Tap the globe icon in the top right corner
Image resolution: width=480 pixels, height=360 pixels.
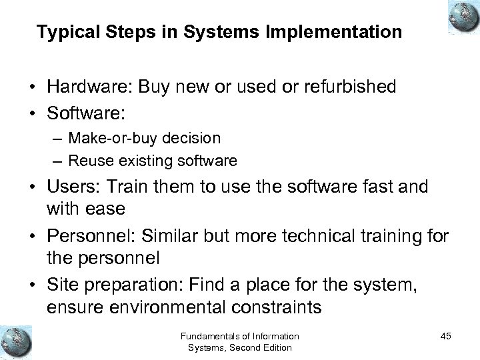(459, 16)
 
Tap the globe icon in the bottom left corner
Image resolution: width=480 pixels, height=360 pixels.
(16, 340)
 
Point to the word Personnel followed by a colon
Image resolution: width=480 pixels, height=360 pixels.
(79, 235)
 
